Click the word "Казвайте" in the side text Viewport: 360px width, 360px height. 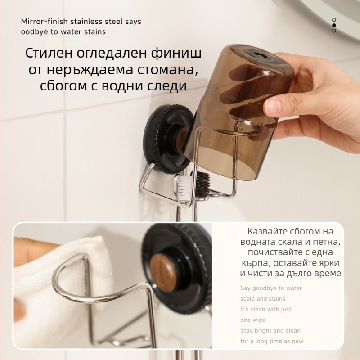[265, 232]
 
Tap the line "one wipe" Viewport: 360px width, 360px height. [253, 320]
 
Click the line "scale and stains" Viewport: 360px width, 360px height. [263, 298]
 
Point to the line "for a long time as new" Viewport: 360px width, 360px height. [272, 341]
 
